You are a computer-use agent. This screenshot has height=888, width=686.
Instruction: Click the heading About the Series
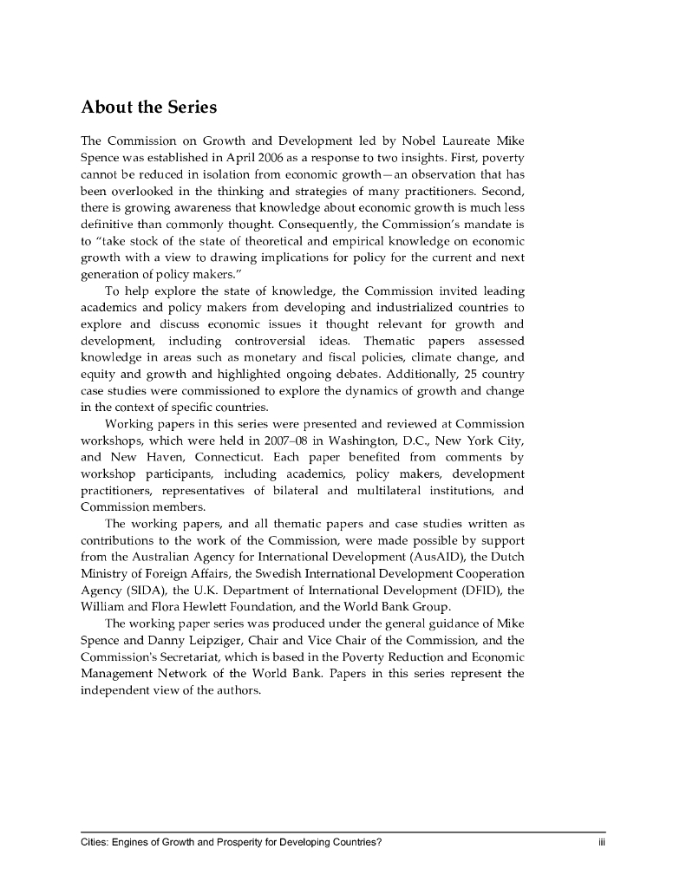[148, 108]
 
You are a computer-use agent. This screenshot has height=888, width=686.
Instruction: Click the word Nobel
[420, 140]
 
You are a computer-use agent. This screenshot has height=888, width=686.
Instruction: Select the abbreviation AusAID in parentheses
[421, 557]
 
